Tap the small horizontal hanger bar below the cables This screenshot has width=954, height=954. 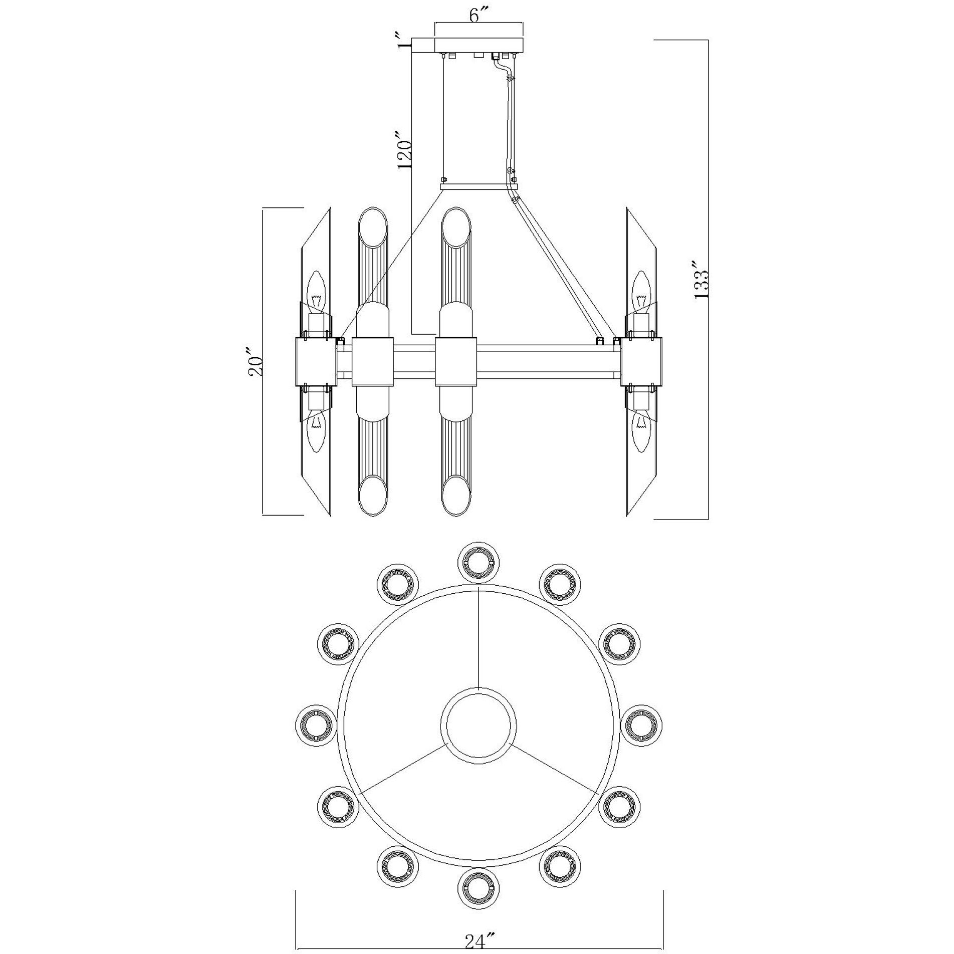478,186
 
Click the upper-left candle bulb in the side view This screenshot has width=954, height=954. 316,291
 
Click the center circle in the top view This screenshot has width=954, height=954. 479,726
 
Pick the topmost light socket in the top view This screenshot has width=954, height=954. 479,563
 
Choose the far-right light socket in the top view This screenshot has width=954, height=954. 642,726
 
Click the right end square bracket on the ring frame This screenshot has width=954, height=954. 641,361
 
